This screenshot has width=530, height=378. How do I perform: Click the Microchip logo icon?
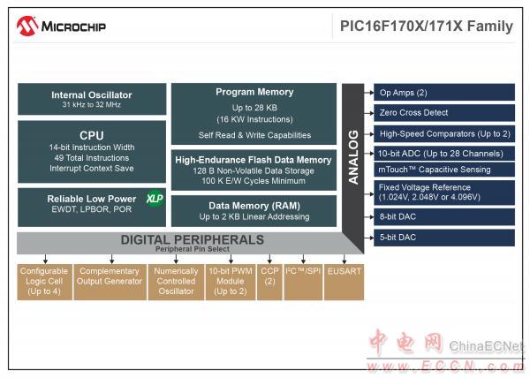pyautogui.click(x=27, y=26)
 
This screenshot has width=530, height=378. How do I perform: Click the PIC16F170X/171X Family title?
pyautogui.click(x=427, y=26)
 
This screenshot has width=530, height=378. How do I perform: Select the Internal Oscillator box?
pyautogui.click(x=92, y=99)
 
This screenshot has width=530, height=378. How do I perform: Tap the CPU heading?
pyautogui.click(x=92, y=135)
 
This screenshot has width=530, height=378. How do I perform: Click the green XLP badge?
pyautogui.click(x=155, y=199)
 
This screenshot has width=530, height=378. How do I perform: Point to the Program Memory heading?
pyautogui.click(x=254, y=92)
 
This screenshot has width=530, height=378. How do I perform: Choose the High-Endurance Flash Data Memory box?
pyautogui.click(x=254, y=170)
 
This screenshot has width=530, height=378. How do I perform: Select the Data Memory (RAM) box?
pyautogui.click(x=254, y=211)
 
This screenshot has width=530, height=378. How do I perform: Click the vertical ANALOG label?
pyautogui.click(x=353, y=157)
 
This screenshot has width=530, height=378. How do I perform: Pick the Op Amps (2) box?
pyautogui.click(x=444, y=92)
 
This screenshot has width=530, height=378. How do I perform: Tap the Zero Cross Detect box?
pyautogui.click(x=444, y=112)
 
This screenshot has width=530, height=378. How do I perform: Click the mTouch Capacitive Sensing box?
pyautogui.click(x=444, y=170)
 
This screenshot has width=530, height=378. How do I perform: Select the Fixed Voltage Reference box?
pyautogui.click(x=444, y=193)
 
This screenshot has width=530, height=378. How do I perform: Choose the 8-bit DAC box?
pyautogui.click(x=444, y=217)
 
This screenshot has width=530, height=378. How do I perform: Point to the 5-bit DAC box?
pyautogui.click(x=444, y=238)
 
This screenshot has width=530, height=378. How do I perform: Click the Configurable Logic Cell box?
pyautogui.click(x=45, y=282)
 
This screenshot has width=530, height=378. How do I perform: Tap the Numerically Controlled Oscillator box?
pyautogui.click(x=176, y=282)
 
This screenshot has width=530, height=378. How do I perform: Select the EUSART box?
pyautogui.click(x=344, y=282)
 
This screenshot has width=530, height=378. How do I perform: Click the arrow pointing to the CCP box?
pyautogui.click(x=269, y=259)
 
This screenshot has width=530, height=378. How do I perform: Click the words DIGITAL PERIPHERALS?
pyautogui.click(x=193, y=239)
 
